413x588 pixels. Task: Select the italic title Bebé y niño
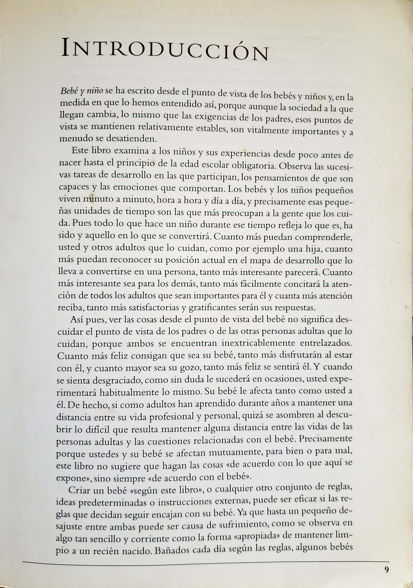click(82, 91)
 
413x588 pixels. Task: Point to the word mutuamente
click(235, 453)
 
